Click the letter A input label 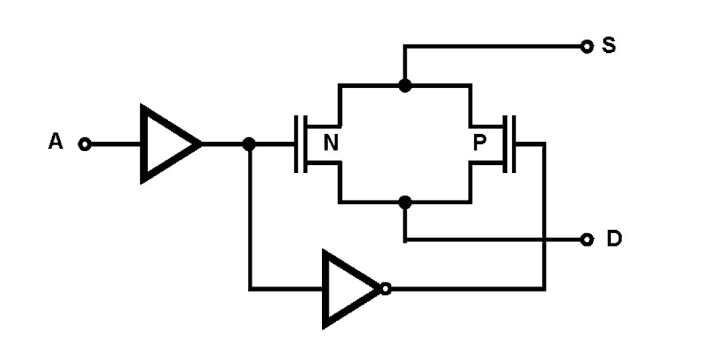point(55,143)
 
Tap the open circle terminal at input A point(84,145)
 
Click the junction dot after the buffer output point(250,144)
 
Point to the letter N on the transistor point(331,144)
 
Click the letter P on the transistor point(479,144)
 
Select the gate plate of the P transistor point(513,144)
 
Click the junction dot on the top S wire point(404,85)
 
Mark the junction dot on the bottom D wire point(404,202)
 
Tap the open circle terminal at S point(587,47)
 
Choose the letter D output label point(614,239)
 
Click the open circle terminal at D point(587,240)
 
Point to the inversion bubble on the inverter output point(385,289)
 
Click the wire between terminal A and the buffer point(115,145)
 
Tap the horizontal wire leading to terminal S point(494,47)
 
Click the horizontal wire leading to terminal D point(494,240)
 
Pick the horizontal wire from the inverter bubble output point(466,289)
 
